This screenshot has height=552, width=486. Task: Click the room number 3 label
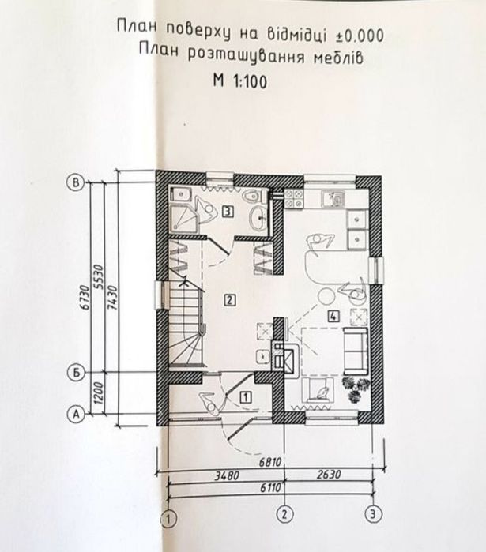coord(227,211)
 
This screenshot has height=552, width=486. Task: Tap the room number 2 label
coord(228,299)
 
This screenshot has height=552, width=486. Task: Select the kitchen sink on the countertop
coord(334,199)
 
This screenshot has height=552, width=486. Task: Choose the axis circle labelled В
coord(77,182)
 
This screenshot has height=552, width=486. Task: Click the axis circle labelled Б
coord(77,373)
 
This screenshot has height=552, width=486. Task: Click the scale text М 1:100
coord(239,78)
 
